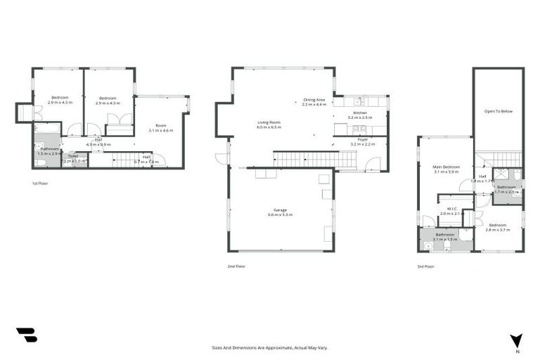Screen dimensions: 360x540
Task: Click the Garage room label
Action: [x=279, y=210]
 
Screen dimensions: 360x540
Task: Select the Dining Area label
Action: [x=314, y=100]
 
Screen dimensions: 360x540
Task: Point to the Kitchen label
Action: [x=360, y=112]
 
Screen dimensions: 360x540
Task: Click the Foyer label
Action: [x=363, y=139]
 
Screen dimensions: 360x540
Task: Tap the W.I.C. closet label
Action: [x=454, y=208]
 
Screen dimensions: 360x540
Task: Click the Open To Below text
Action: [x=498, y=111]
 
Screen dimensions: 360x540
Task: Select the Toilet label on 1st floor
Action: [x=73, y=156]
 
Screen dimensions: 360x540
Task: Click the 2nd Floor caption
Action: [x=236, y=266]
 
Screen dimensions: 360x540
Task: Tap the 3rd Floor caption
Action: [x=425, y=266]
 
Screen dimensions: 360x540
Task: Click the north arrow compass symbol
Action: [x=517, y=341]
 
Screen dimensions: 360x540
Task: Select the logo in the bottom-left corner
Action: [x=26, y=335]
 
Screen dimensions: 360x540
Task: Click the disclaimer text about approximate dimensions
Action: [x=270, y=347]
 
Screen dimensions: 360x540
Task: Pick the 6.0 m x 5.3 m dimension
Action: [x=279, y=214]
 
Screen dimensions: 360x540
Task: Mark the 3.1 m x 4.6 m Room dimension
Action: [x=160, y=131]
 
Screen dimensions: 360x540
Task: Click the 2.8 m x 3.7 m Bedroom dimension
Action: [x=496, y=230]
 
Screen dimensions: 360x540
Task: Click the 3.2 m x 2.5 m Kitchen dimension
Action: [x=360, y=117]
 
